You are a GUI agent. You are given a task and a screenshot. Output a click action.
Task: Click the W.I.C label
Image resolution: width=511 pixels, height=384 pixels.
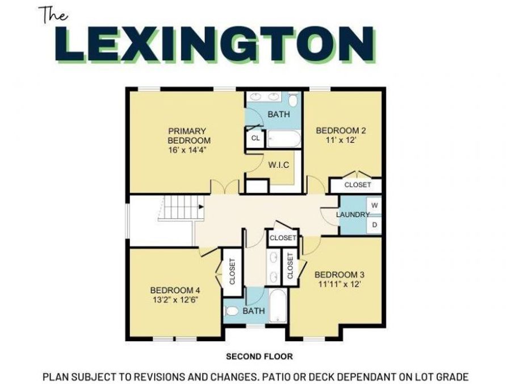(279, 164)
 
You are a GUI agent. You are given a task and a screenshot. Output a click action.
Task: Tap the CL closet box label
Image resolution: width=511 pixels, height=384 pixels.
(256, 138)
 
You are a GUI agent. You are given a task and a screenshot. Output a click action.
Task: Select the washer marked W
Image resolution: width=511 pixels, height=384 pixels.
(375, 204)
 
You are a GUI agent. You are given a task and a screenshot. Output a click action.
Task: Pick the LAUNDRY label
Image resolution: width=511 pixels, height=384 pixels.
(353, 214)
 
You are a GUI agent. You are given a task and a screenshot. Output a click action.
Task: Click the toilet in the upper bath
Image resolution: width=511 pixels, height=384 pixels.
(293, 101)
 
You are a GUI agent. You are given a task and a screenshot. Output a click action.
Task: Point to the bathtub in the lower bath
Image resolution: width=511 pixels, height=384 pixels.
(278, 313)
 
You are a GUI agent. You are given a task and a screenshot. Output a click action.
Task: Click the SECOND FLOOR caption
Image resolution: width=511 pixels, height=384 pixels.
(259, 357)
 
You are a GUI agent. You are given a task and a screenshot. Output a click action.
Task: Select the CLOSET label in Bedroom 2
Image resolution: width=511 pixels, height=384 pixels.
(358, 185)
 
